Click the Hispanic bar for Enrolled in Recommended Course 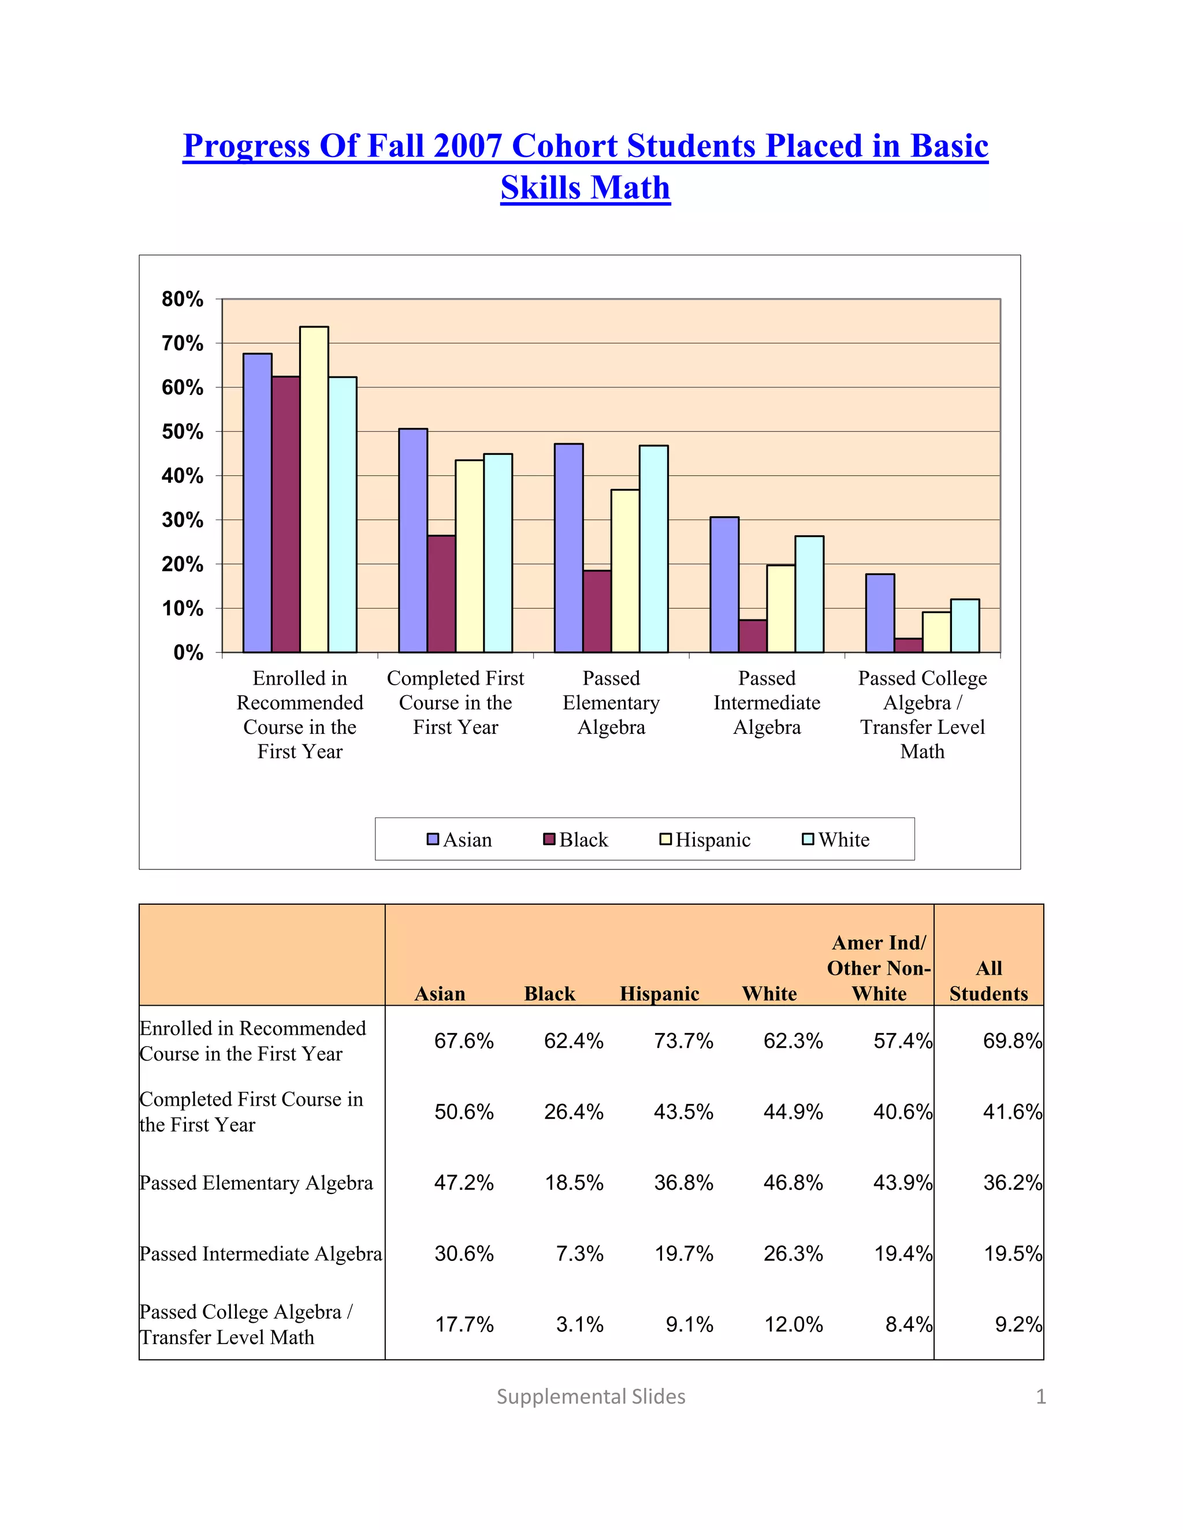314,490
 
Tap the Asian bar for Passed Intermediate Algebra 724,585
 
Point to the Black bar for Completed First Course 441,594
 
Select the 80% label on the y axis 183,300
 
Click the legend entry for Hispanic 705,839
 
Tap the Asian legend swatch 433,839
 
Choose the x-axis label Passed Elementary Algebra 611,703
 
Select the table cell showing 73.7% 683,1041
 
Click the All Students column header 988,981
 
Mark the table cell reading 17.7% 464,1324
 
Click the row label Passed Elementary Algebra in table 256,1182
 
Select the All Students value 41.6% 1012,1112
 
